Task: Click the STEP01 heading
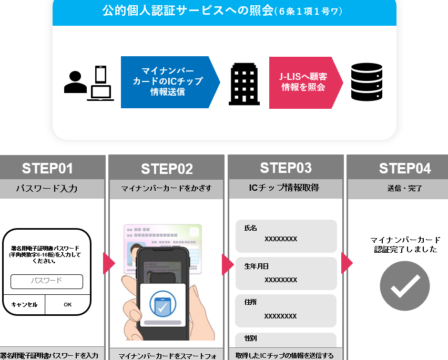[x=47, y=168]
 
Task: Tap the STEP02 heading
[x=167, y=169]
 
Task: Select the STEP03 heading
[x=286, y=168]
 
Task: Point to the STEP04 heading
[x=405, y=168]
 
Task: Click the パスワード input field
[x=47, y=281]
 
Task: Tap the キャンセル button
[x=24, y=304]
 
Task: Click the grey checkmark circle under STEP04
[x=404, y=286]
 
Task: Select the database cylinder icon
[x=366, y=82]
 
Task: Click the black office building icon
[x=244, y=84]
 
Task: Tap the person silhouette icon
[x=75, y=83]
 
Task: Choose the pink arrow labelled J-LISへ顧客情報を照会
[x=304, y=83]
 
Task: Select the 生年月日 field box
[x=286, y=273]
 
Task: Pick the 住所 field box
[x=286, y=310]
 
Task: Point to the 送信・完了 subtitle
[x=405, y=188]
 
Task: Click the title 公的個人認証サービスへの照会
[x=188, y=11]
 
